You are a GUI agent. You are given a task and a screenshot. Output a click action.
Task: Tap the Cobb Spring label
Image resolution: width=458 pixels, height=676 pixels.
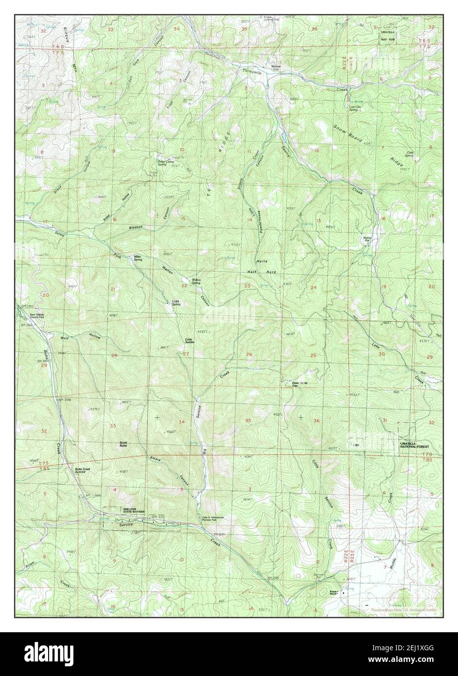pyautogui.click(x=176, y=303)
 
